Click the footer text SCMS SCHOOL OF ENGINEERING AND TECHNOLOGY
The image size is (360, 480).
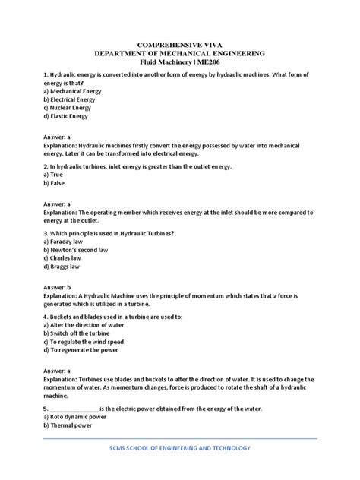coord(180,447)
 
